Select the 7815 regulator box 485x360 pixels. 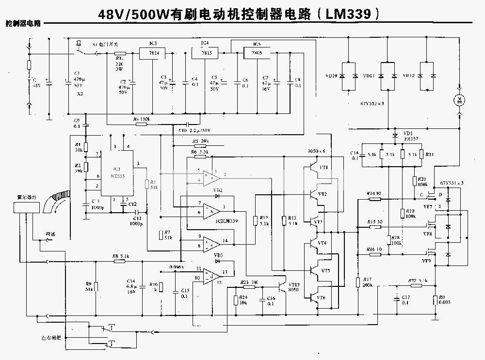click(x=208, y=53)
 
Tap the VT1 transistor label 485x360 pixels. click(x=323, y=168)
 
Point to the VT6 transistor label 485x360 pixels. click(x=322, y=297)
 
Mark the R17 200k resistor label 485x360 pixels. click(x=367, y=282)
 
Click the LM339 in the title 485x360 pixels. click(x=347, y=15)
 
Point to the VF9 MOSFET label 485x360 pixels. click(x=427, y=261)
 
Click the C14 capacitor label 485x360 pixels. click(x=130, y=285)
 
